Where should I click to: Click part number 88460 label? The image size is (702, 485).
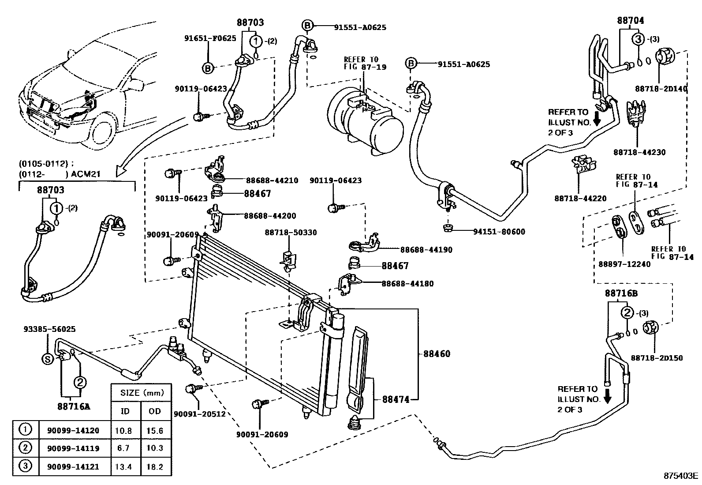click(x=437, y=354)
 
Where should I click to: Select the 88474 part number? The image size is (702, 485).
click(x=396, y=399)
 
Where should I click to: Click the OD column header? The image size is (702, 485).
click(x=155, y=411)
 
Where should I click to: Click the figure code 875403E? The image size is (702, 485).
click(x=681, y=476)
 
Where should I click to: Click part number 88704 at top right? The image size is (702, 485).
click(x=630, y=20)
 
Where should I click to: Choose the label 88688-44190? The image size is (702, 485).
click(x=426, y=250)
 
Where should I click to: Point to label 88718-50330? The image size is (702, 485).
click(x=291, y=233)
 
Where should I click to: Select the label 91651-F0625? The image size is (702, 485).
click(x=210, y=38)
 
